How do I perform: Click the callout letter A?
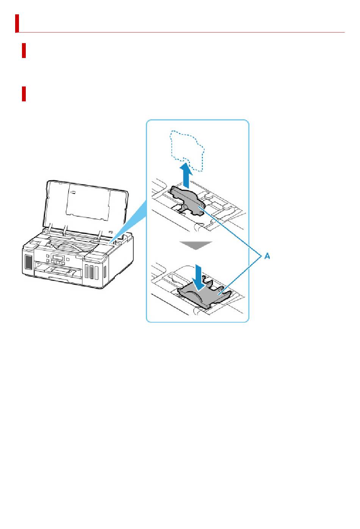pyautogui.click(x=267, y=256)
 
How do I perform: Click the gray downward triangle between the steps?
pyautogui.click(x=196, y=245)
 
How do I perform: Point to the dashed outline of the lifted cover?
pyautogui.click(x=188, y=150)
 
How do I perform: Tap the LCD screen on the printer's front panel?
pyautogui.click(x=58, y=257)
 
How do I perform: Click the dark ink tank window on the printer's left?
pyautogui.click(x=28, y=262)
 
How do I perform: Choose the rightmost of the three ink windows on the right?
pyautogui.click(x=96, y=272)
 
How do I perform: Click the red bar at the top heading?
pyautogui.click(x=17, y=23)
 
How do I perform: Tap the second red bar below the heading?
pyautogui.click(x=24, y=50)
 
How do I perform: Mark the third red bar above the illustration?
pyautogui.click(x=24, y=94)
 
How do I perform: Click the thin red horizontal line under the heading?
pyautogui.click(x=182, y=33)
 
